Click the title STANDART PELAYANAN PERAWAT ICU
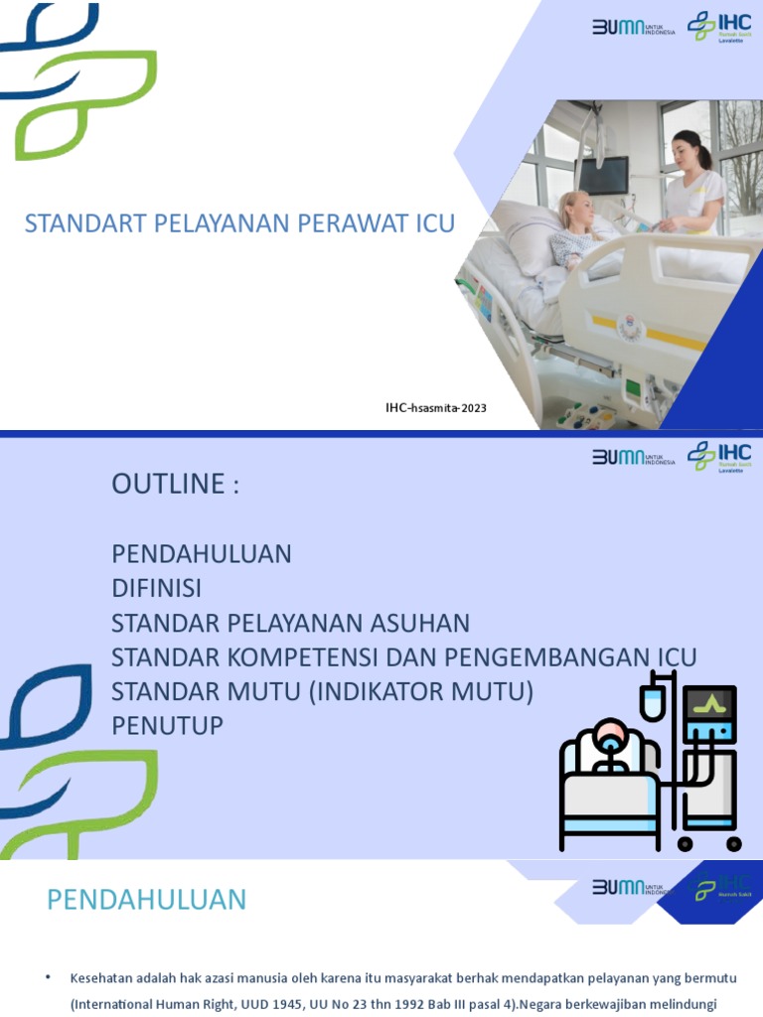pyautogui.click(x=239, y=222)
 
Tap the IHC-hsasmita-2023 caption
pyautogui.click(x=436, y=407)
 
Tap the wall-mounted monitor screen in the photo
pyautogui.click(x=603, y=176)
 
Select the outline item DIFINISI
pyautogui.click(x=156, y=588)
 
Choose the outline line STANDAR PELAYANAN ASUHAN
pyautogui.click(x=290, y=623)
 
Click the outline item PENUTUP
pyautogui.click(x=167, y=726)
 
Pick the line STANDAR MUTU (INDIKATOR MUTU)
pyautogui.click(x=322, y=691)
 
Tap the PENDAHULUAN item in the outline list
pyautogui.click(x=201, y=553)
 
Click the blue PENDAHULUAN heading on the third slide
pyautogui.click(x=146, y=900)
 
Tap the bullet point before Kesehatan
pyautogui.click(x=48, y=978)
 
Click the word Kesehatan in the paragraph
pyautogui.click(x=100, y=978)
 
